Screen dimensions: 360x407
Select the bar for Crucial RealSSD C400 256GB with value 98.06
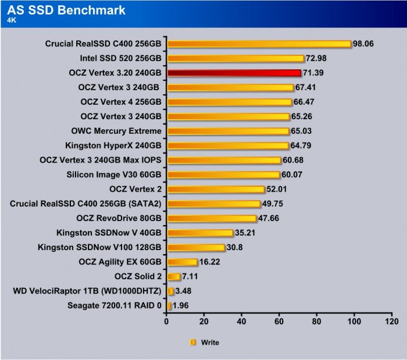[x=259, y=44]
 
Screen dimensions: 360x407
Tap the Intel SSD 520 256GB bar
[x=235, y=58]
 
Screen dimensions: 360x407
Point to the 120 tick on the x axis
[x=391, y=321]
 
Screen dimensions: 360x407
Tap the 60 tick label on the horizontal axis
[x=279, y=321]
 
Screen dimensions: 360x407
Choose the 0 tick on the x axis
[x=167, y=321]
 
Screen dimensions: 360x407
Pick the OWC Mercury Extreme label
[x=121, y=131]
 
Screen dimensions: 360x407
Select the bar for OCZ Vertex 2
[x=216, y=189]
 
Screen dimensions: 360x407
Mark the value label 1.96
[x=181, y=305]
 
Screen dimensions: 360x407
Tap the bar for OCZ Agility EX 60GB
[x=182, y=262]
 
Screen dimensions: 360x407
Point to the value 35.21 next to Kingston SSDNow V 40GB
[x=246, y=233]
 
